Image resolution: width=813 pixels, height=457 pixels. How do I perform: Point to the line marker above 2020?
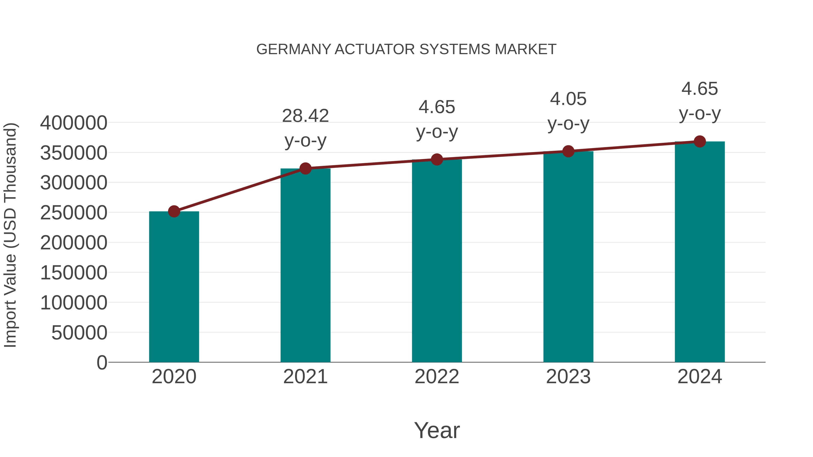point(174,211)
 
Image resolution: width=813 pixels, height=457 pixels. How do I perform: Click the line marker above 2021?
point(305,168)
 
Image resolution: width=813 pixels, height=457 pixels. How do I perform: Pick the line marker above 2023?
point(568,151)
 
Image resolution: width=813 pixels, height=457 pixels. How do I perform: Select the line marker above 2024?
point(700,142)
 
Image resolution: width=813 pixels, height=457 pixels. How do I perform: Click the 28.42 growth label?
point(305,116)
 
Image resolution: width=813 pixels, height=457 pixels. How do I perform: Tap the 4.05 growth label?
point(568,99)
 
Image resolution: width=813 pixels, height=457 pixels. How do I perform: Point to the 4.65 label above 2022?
point(437,107)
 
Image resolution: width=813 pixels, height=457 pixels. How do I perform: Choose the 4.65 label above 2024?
point(700,89)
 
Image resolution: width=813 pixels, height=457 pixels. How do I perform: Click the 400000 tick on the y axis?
point(74,123)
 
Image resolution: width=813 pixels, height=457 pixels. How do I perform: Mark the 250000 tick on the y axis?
point(74,213)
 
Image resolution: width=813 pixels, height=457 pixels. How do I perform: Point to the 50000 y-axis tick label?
point(79,332)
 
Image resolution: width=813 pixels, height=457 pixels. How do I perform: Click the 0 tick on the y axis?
point(102,362)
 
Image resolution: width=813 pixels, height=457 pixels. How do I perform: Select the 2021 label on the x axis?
point(305,377)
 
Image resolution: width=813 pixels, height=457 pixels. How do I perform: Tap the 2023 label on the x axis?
point(568,377)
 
